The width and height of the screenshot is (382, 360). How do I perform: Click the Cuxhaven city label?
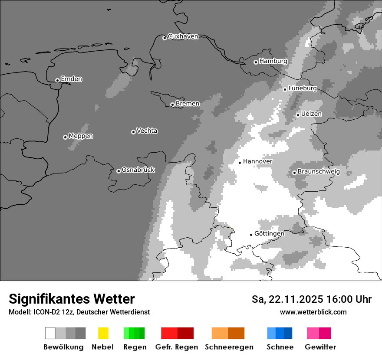click(x=183, y=36)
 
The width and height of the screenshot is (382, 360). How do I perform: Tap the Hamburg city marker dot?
click(x=256, y=62)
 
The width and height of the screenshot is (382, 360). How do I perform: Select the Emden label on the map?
click(x=71, y=79)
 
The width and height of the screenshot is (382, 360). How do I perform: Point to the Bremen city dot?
click(x=172, y=105)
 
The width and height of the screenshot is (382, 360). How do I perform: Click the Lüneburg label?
click(x=303, y=88)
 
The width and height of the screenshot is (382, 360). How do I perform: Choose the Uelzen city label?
click(x=311, y=114)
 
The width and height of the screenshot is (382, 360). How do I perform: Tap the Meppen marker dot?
click(x=65, y=137)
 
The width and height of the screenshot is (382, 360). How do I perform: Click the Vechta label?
click(x=147, y=131)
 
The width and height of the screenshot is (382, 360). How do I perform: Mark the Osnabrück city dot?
click(x=119, y=171)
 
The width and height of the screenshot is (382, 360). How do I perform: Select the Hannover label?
click(x=257, y=161)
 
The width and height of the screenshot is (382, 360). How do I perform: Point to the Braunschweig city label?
click(x=319, y=172)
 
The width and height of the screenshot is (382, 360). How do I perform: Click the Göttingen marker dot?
click(x=251, y=235)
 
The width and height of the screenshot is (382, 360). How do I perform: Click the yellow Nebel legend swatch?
click(x=103, y=333)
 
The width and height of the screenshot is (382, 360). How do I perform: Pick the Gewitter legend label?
click(x=320, y=347)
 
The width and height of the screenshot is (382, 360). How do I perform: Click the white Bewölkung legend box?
click(x=50, y=333)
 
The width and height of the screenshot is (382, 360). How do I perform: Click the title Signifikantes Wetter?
click(x=72, y=299)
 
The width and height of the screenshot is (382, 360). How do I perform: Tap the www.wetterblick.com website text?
click(x=313, y=312)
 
